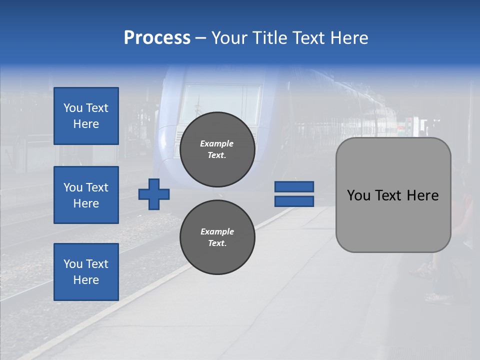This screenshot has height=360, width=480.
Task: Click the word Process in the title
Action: click(x=157, y=38)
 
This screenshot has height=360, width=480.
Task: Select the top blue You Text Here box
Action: click(x=86, y=116)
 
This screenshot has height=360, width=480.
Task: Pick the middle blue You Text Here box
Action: click(x=86, y=195)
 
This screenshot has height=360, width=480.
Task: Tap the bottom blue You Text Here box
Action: click(x=86, y=272)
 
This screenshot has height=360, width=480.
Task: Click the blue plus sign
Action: click(x=154, y=194)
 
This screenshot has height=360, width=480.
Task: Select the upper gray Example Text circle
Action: click(x=217, y=149)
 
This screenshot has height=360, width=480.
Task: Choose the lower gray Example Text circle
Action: click(x=217, y=237)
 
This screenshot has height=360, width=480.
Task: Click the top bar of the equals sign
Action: click(x=294, y=186)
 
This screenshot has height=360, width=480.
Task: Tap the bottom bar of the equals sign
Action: click(x=294, y=201)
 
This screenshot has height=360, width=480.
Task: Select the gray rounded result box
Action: click(x=393, y=195)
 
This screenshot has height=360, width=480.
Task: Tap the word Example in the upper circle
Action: click(x=217, y=143)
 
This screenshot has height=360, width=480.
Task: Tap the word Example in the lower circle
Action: click(x=217, y=231)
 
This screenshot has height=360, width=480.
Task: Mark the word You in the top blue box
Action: click(x=72, y=108)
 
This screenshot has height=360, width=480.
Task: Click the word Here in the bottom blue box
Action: click(x=86, y=280)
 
